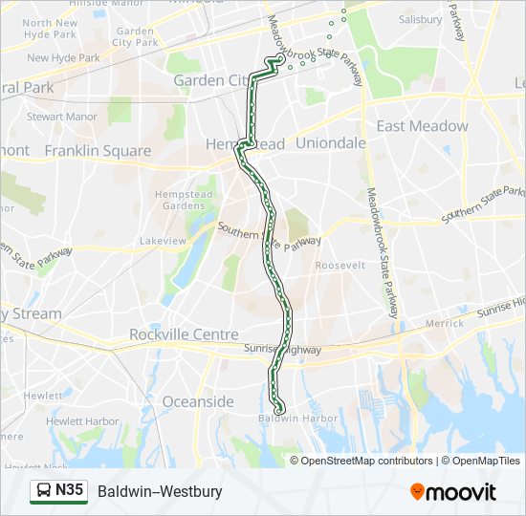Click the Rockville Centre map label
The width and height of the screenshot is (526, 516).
tap(184, 334)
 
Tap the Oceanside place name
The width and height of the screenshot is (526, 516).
tap(198, 401)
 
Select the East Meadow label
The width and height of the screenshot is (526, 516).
tap(422, 126)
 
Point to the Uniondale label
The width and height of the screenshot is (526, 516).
tap(331, 142)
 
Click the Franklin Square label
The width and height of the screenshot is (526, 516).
tap(98, 151)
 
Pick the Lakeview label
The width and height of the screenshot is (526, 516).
tap(163, 241)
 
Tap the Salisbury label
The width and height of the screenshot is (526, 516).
tap(421, 19)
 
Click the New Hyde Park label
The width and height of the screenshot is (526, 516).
tap(63, 57)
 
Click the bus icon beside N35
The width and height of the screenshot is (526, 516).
tap(43, 491)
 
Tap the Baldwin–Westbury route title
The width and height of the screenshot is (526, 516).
tap(160, 491)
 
